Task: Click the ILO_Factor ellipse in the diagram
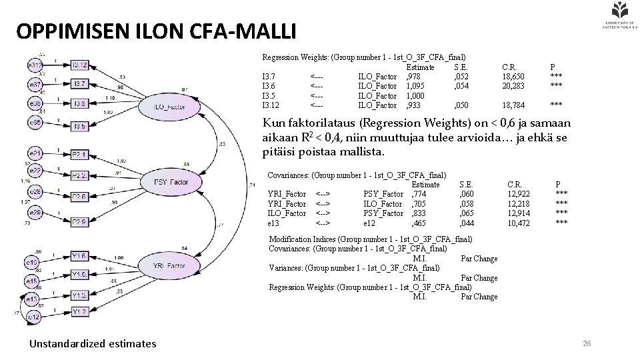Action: [x=169, y=107]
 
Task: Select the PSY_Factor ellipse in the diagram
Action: [x=171, y=182]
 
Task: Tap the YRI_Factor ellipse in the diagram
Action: [x=169, y=265]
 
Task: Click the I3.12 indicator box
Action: [x=79, y=65]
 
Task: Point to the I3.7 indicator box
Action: [x=79, y=84]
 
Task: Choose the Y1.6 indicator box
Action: [x=79, y=256]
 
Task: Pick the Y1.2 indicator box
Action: [x=79, y=311]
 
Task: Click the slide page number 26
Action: [x=587, y=343]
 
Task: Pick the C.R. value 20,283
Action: [x=513, y=86]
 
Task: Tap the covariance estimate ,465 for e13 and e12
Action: [x=419, y=223]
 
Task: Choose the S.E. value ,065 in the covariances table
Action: [x=467, y=213]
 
